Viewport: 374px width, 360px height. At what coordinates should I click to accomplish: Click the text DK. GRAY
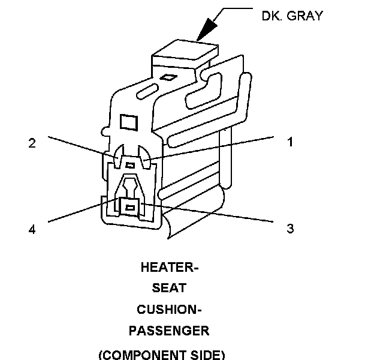coord(292,16)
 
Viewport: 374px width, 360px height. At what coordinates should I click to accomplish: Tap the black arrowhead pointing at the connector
coord(206,28)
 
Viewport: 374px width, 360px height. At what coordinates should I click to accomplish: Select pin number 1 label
coord(289,142)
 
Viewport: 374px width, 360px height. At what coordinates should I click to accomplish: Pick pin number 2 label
coord(32,143)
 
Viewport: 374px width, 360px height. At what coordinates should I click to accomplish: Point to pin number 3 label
coord(290,229)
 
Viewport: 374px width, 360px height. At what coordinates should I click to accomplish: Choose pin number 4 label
coord(32,229)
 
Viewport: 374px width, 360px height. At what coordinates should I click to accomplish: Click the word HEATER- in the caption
coord(169,268)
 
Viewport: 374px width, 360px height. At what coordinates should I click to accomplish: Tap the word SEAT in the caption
coord(168,289)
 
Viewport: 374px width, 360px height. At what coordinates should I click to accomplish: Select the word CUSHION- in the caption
coord(168,310)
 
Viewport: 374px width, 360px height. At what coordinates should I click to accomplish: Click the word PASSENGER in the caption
coord(168,331)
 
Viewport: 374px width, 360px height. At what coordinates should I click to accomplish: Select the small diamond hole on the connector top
coord(170,77)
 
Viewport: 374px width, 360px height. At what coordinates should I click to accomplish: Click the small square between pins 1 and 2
coord(130,164)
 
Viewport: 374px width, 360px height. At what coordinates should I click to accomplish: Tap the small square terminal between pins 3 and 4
coord(129,207)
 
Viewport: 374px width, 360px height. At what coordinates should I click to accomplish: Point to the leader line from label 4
coord(78,212)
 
